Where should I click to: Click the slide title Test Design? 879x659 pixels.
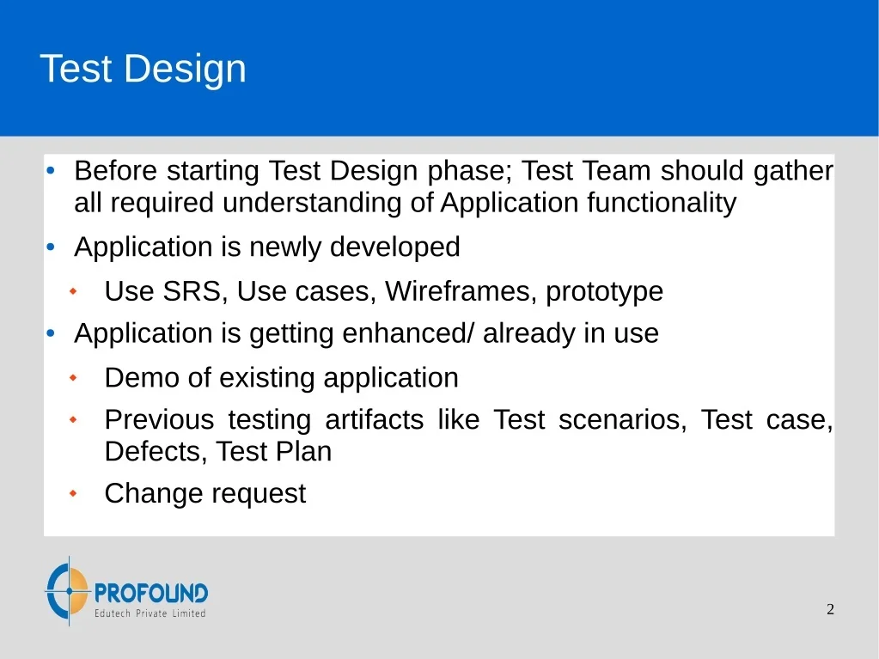tap(143, 69)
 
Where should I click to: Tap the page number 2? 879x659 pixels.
tap(830, 609)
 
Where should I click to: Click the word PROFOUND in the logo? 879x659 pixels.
tap(151, 593)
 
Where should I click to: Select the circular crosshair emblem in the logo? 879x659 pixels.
tap(68, 590)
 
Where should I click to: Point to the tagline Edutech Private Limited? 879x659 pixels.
tap(150, 613)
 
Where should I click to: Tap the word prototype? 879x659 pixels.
tap(604, 292)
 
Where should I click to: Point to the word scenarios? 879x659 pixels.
tap(622, 420)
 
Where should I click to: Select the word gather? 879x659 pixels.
tap(793, 171)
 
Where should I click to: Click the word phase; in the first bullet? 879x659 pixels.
tap(470, 171)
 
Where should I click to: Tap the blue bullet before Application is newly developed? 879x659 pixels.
tap(51, 247)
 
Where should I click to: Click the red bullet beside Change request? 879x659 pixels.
tap(73, 494)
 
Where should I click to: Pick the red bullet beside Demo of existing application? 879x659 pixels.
tap(73, 378)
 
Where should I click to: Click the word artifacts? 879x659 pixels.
tap(375, 420)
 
